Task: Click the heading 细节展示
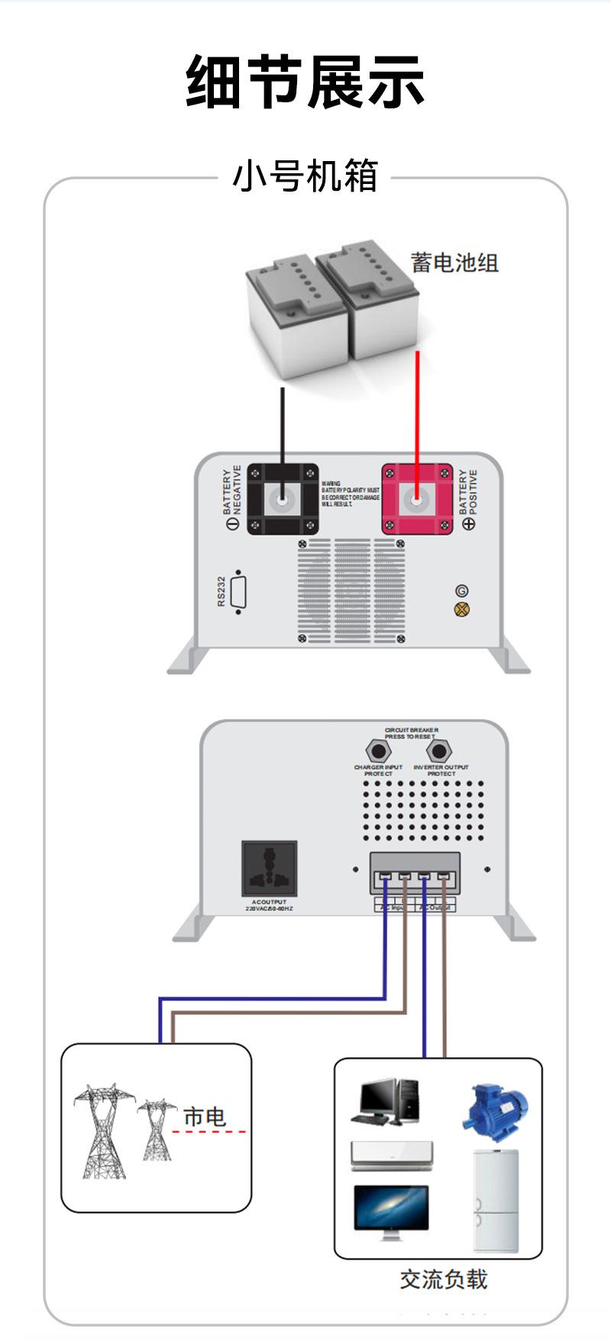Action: (x=305, y=82)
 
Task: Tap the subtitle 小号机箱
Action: (x=305, y=177)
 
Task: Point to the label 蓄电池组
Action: (x=454, y=263)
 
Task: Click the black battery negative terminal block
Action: (x=283, y=499)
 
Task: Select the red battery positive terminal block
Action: (x=417, y=499)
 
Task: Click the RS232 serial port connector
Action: (x=239, y=592)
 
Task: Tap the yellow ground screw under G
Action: (x=461, y=609)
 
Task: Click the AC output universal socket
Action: (x=269, y=869)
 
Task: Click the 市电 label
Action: (x=205, y=1117)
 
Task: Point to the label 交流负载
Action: (x=443, y=1279)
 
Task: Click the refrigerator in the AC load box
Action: (x=495, y=1200)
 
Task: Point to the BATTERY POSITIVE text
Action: (x=467, y=492)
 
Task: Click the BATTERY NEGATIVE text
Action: (x=231, y=489)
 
